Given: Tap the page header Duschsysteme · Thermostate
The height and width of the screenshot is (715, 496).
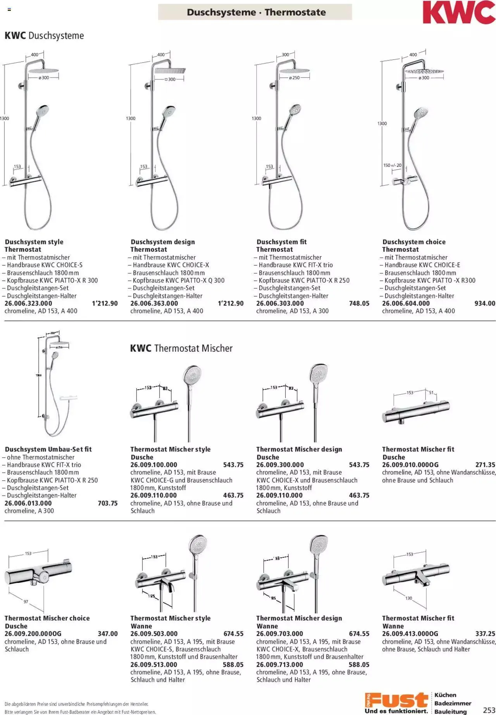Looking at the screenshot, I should coord(256,12).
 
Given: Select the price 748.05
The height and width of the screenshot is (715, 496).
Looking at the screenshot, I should coord(359,303).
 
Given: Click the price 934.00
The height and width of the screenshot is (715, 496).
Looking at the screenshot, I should coord(484,303).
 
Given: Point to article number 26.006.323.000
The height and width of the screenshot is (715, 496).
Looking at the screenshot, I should coord(28,303).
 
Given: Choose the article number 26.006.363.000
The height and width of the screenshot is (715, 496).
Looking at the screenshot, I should coord(154,303).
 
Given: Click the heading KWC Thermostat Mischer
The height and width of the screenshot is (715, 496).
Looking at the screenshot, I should coord(181,348).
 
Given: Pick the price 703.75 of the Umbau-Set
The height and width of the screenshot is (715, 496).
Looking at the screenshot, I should coord(108,503).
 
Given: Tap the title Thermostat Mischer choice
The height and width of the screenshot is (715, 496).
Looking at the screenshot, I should coord(47,618).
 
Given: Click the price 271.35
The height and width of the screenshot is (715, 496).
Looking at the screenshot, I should coord(485,465).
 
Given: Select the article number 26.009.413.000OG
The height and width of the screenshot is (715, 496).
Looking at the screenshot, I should coord(410,634).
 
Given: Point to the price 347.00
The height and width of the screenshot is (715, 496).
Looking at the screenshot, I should coord(108,634).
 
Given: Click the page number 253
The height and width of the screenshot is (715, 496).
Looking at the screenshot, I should coord(489,710).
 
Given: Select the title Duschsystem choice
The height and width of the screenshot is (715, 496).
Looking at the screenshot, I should coord(414,242).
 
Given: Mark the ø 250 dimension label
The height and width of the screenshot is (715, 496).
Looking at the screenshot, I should coord(294,78).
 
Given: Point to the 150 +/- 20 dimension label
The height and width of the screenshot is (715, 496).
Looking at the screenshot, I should coord(392,165).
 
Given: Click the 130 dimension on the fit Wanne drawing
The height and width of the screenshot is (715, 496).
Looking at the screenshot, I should coord(408,598).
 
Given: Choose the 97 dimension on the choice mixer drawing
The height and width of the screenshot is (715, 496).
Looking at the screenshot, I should coord(26,602).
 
